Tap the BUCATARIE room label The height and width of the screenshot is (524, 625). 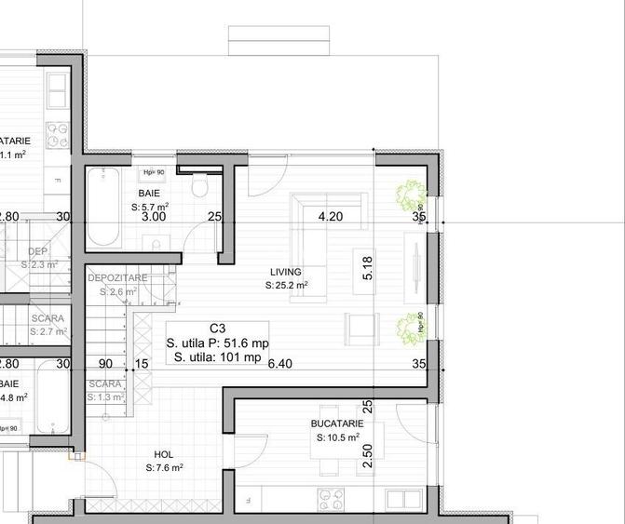click(337, 423)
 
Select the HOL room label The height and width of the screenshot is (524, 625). click(164, 454)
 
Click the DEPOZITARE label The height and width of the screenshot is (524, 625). click(117, 278)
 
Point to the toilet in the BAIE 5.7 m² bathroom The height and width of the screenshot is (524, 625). click(197, 189)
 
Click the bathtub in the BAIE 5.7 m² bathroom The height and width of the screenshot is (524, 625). click(102, 206)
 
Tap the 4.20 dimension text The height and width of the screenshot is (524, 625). click(331, 217)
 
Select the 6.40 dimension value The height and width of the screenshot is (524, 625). click(279, 364)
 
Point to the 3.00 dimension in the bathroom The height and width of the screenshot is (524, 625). click(154, 217)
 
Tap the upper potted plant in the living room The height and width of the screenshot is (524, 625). click(408, 195)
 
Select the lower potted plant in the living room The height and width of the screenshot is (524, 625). click(408, 328)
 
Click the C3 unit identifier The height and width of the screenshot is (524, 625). click(218, 329)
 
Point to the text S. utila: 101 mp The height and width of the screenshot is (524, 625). click(218, 357)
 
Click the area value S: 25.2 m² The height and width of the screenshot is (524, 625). click(289, 286)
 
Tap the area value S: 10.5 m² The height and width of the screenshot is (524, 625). click(337, 437)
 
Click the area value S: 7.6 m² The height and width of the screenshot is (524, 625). click(164, 468)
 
